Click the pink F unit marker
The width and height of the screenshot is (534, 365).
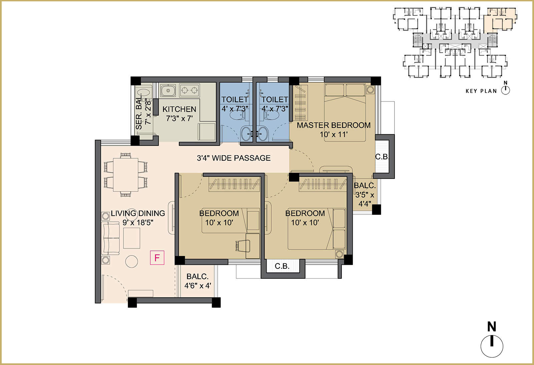pos(157,258)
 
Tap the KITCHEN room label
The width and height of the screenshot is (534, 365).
pos(179,109)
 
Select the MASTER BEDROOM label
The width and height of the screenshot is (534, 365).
pos(333,125)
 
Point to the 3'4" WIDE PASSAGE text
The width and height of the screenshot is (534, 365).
pos(234,158)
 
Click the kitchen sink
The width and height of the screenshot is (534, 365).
pos(168,90)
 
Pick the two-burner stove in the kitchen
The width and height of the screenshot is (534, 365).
pos(189,90)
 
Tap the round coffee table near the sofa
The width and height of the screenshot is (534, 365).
pos(131,261)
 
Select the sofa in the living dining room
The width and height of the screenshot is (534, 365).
pos(110,238)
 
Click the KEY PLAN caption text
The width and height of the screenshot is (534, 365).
pos(481,91)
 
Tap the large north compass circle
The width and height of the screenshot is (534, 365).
pos(492,346)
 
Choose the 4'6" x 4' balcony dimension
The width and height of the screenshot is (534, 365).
pos(198,286)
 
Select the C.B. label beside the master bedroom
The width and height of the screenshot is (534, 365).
pos(382,157)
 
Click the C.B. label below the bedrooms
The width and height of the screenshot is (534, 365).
pos(282,266)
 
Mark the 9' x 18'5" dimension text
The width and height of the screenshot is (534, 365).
pos(138,223)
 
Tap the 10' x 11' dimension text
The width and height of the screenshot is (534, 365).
pos(333,135)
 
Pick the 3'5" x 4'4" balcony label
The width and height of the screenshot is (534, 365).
pos(365,199)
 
